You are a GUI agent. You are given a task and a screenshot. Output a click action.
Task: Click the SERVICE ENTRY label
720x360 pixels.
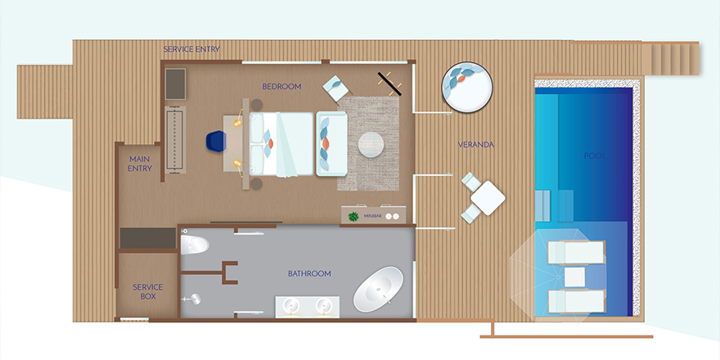[191, 49]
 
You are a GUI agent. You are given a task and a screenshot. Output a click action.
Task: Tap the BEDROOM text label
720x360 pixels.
[281, 87]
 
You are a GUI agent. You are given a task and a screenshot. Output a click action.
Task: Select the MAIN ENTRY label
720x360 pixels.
[140, 164]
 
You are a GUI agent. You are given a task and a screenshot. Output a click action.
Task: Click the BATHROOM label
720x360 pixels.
[309, 273]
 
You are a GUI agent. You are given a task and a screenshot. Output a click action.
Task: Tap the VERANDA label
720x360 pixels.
[475, 145]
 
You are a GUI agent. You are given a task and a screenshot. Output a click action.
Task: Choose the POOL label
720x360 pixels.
[595, 156]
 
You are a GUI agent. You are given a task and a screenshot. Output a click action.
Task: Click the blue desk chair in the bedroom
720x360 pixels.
[216, 140]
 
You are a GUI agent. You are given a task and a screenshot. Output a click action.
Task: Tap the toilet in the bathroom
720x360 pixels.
[195, 245]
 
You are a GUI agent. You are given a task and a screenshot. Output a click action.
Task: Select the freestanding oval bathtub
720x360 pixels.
[378, 290]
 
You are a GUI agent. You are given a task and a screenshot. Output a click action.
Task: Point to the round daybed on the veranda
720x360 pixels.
[467, 88]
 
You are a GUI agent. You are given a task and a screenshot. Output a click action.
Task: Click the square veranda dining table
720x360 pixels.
[488, 198]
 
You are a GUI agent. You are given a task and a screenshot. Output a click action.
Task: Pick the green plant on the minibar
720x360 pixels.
[353, 215]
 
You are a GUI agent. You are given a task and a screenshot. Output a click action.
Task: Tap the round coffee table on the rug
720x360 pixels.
[371, 145]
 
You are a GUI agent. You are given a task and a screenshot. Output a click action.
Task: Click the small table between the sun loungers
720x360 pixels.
[574, 277]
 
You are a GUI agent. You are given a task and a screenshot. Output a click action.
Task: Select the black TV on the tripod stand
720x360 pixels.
[389, 83]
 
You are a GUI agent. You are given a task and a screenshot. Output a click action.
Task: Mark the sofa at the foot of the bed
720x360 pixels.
[331, 144]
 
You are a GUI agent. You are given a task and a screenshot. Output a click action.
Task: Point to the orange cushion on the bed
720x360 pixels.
[271, 144]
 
